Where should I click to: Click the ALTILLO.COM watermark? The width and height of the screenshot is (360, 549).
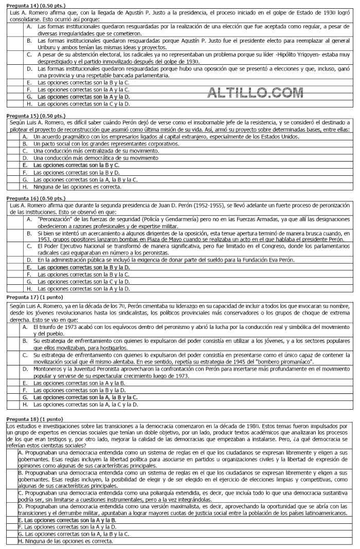(255, 93)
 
